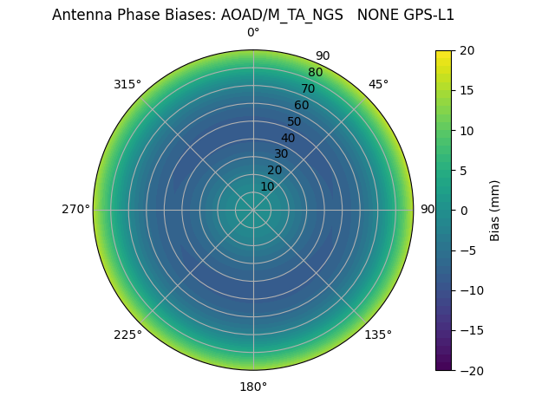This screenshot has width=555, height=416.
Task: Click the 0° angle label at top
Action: coord(253,33)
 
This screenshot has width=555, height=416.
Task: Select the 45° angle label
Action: coord(378,84)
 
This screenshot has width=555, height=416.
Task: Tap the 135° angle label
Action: coord(378,335)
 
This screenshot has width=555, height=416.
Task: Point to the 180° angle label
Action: coord(253,387)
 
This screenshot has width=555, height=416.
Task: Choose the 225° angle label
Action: coord(127,335)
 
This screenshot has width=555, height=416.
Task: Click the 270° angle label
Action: coord(75,209)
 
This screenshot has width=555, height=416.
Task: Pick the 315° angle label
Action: coord(127,84)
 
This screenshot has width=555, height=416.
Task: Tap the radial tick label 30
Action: coord(281,153)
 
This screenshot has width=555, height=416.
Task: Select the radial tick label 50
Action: coord(295,121)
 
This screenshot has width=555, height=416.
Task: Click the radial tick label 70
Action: coord(308,88)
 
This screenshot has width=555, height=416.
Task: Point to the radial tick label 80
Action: coord(315,73)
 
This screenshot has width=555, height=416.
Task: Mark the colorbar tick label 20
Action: coord(467,50)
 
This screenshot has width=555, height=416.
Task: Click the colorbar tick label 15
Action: coord(467,90)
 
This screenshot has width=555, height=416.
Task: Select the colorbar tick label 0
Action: coord(463,210)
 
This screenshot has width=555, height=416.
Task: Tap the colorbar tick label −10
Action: coord(470,290)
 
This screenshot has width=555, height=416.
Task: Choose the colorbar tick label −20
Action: coord(470,370)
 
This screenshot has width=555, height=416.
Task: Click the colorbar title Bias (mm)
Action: coord(495,210)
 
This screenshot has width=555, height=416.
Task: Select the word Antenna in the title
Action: coord(82,15)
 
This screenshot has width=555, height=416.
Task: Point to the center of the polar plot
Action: coord(253,210)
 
